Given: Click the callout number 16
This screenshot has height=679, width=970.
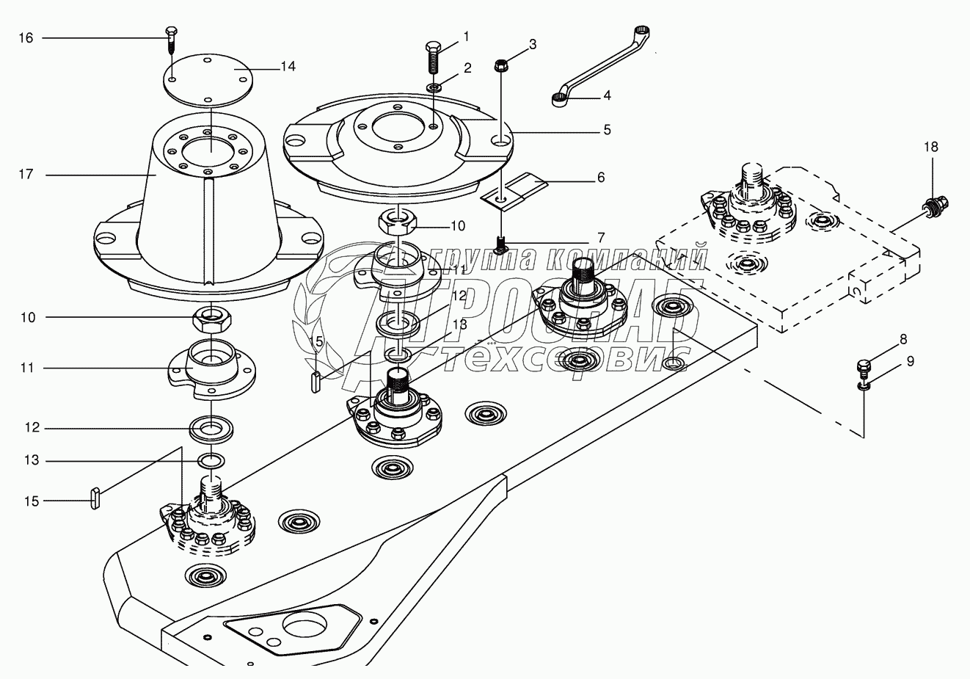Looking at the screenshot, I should click(x=26, y=37).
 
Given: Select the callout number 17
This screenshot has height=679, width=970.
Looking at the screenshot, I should click(x=26, y=175).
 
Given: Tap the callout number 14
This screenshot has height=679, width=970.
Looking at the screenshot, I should click(x=288, y=66).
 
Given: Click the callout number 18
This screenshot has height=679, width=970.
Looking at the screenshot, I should click(x=930, y=147).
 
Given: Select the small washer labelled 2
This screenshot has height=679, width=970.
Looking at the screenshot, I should click(x=434, y=88).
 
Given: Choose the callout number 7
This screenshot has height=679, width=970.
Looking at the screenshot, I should click(x=601, y=237).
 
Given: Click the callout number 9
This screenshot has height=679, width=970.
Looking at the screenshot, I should click(x=910, y=361).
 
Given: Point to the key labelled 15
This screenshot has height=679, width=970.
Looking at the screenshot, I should click(x=95, y=498).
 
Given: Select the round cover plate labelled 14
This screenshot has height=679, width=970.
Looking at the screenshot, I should click(x=207, y=77).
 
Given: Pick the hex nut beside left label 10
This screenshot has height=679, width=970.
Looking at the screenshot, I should click(x=209, y=319).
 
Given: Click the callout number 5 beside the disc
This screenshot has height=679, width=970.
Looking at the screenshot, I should click(x=606, y=130).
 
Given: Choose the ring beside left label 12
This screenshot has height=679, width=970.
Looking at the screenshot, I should click(x=211, y=428).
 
